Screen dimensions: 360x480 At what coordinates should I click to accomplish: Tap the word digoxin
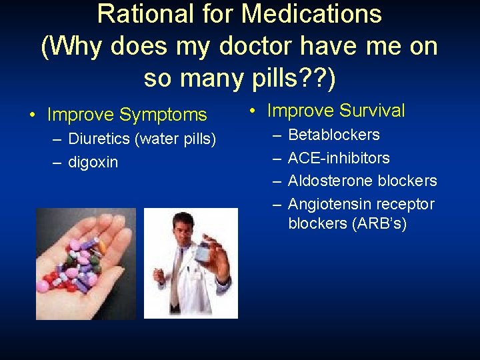[93, 162]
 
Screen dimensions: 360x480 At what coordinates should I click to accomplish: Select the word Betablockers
[334, 135]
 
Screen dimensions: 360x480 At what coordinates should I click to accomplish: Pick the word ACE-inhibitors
[339, 158]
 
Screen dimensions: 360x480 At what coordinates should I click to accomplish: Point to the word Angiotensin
[330, 204]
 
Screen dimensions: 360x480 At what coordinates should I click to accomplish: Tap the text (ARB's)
[378, 223]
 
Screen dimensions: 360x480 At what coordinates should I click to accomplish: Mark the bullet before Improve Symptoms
[33, 115]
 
